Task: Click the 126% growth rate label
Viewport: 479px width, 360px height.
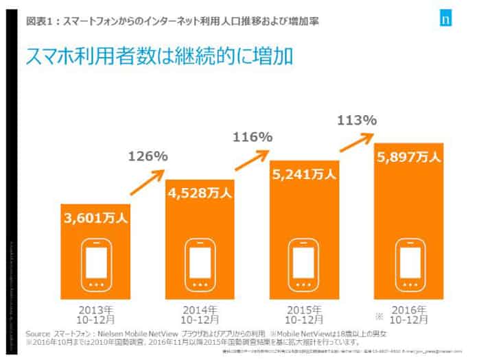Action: click(x=148, y=156)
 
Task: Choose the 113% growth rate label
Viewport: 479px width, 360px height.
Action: click(x=357, y=121)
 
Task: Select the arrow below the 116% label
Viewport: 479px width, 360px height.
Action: click(x=253, y=162)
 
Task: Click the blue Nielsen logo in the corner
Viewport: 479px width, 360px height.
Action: click(x=445, y=19)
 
